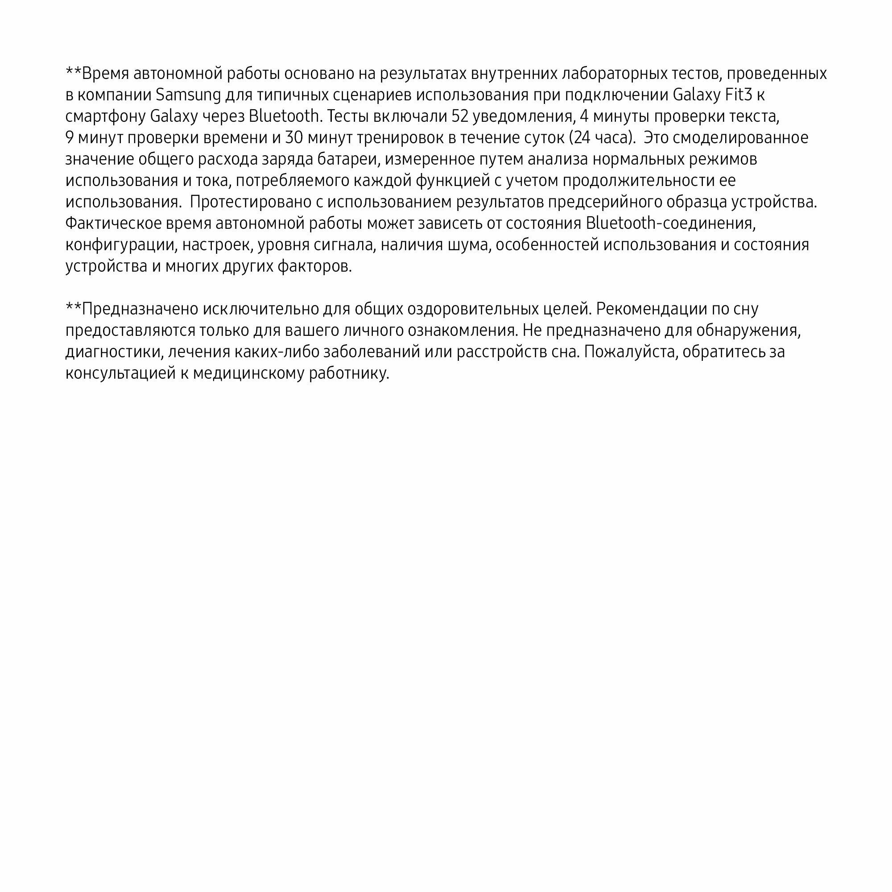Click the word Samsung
(x=188, y=95)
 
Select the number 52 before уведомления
(x=460, y=116)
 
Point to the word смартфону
(x=106, y=116)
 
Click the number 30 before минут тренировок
(x=294, y=137)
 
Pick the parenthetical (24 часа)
(x=600, y=137)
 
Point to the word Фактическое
(x=114, y=223)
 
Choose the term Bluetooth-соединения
(x=670, y=223)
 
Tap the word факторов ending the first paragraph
(x=314, y=266)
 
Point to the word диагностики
(x=115, y=352)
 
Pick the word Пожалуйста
(x=631, y=352)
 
